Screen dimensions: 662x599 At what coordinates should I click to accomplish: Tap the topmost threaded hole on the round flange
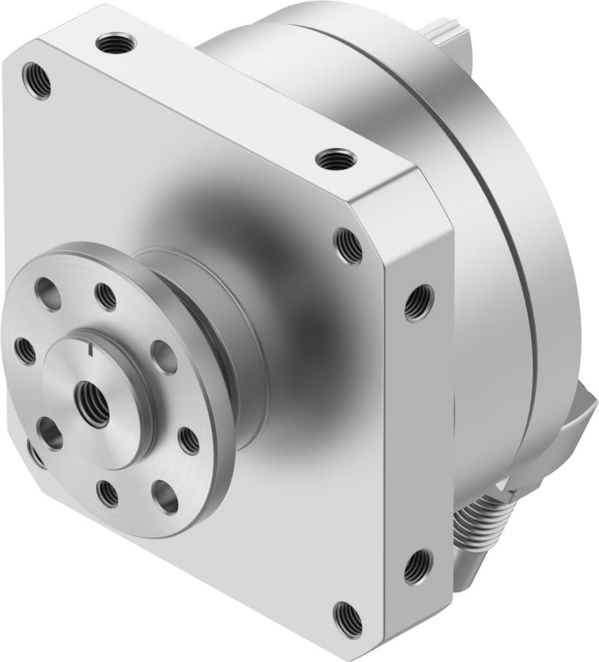coord(105,297)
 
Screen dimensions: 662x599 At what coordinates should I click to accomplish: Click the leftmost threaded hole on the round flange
coord(25,351)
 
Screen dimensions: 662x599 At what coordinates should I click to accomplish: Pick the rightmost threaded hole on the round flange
coord(189,440)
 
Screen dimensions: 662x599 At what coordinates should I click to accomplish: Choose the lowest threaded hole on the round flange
coord(108,493)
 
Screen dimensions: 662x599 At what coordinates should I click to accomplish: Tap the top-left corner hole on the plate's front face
coord(36,80)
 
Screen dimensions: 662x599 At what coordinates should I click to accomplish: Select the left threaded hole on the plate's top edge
coord(116,44)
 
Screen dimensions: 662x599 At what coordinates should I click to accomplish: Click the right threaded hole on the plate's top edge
coord(336,158)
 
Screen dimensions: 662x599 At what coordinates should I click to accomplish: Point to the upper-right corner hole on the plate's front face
coord(348,246)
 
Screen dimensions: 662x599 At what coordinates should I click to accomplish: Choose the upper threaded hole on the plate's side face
coord(419,303)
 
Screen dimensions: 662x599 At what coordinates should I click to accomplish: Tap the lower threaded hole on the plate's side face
coord(417,566)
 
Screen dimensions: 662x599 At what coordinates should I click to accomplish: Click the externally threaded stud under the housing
coord(486,524)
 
